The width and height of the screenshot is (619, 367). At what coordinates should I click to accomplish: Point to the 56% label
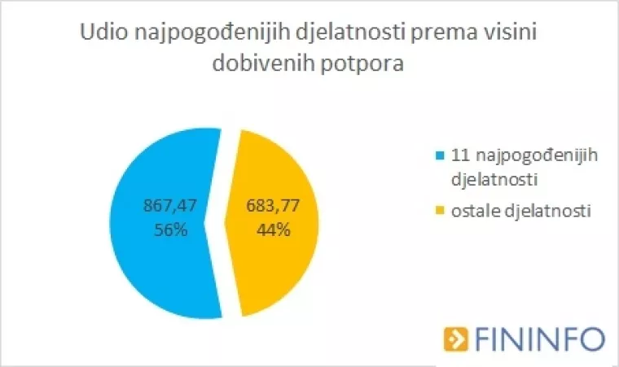click(x=169, y=230)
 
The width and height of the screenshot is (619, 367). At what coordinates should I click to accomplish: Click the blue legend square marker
click(x=441, y=155)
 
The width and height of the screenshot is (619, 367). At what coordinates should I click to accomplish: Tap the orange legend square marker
click(x=441, y=212)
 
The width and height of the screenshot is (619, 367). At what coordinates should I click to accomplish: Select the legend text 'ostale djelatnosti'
click(x=520, y=212)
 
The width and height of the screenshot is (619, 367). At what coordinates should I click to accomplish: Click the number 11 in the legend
click(x=459, y=155)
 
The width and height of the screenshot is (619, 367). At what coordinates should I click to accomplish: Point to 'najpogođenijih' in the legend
click(x=534, y=155)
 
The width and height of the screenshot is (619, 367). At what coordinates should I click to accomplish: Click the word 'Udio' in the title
click(x=103, y=33)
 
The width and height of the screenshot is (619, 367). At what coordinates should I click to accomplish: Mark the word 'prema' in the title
click(x=446, y=33)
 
